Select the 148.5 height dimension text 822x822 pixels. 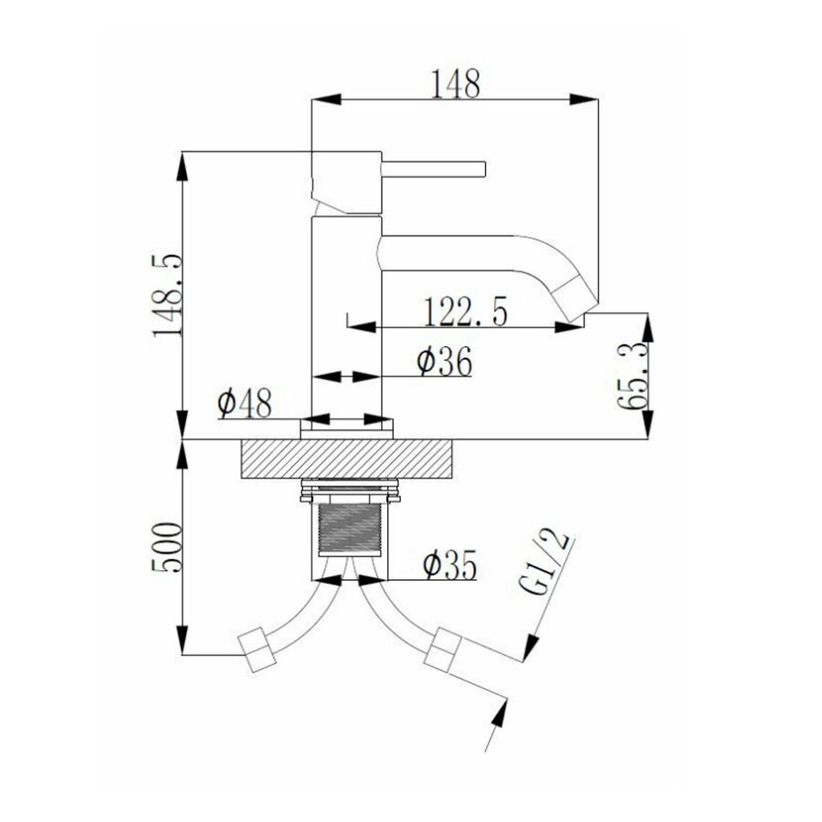coord(169,296)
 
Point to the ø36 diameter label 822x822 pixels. coord(444,363)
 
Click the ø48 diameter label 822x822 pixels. coord(244,402)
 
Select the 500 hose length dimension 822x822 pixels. coord(169,547)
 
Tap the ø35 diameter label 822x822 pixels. coord(449,565)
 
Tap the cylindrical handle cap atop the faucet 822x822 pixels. coord(346,183)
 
